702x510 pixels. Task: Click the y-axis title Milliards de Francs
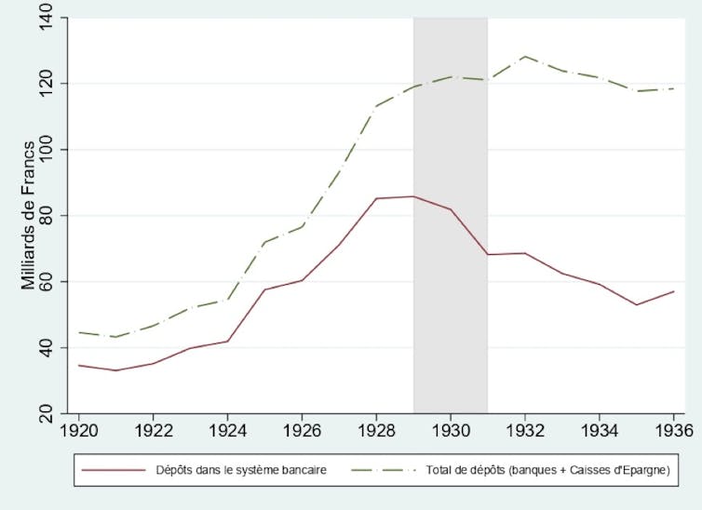point(30,215)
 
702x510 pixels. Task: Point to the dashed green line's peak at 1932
point(525,57)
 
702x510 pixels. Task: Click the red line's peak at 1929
point(413,196)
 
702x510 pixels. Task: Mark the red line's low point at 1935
point(637,304)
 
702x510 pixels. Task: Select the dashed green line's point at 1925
point(264,242)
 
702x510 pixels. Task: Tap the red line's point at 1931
point(488,254)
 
